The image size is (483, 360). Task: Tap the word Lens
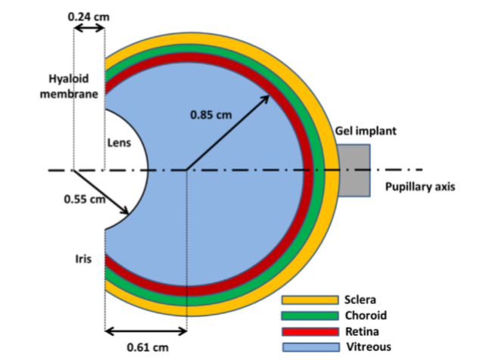[x=117, y=141]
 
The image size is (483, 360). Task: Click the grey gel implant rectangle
[x=352, y=170]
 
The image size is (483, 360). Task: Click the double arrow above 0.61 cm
[x=145, y=331]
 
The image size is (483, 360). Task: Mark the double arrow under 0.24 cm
[x=89, y=28]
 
